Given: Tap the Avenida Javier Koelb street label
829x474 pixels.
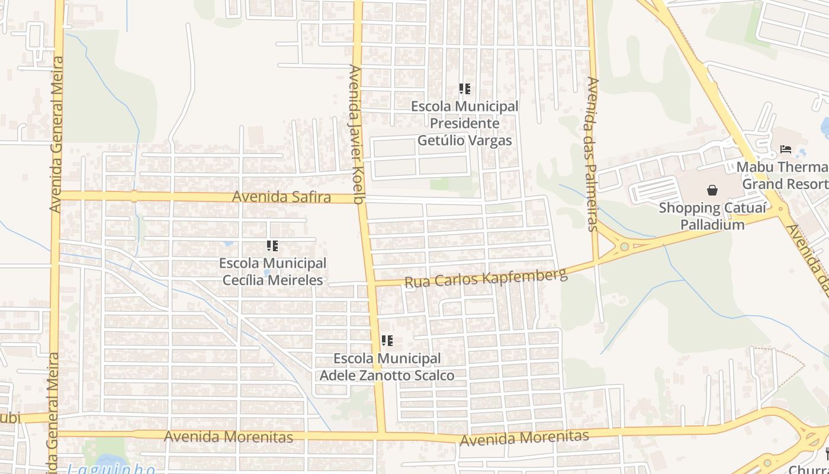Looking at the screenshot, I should (356, 134).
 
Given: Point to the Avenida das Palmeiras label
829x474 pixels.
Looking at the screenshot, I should (593, 153).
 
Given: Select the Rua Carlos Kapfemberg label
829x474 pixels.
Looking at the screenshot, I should (486, 278).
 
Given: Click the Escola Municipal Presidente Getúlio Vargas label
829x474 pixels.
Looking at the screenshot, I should (465, 123).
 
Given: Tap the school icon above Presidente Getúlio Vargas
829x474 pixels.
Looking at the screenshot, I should (465, 89).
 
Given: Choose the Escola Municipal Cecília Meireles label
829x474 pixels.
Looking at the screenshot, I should (273, 271).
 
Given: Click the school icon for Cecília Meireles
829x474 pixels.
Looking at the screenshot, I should (272, 246).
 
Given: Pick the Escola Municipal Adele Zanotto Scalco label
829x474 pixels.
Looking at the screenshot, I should (387, 367).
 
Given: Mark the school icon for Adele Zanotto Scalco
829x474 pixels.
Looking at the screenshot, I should (387, 341).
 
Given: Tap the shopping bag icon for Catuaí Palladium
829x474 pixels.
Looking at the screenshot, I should (712, 190).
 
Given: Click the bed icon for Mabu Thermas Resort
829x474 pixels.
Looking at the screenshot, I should (786, 149).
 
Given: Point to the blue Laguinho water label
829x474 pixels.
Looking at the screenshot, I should (111, 469).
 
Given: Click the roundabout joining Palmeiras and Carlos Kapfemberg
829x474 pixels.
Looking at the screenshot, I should (624, 246).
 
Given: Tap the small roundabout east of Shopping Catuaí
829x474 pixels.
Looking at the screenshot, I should (780, 209).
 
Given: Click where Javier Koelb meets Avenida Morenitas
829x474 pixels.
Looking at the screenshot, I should (380, 436).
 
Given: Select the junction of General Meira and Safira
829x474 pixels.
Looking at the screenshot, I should (57, 195).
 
